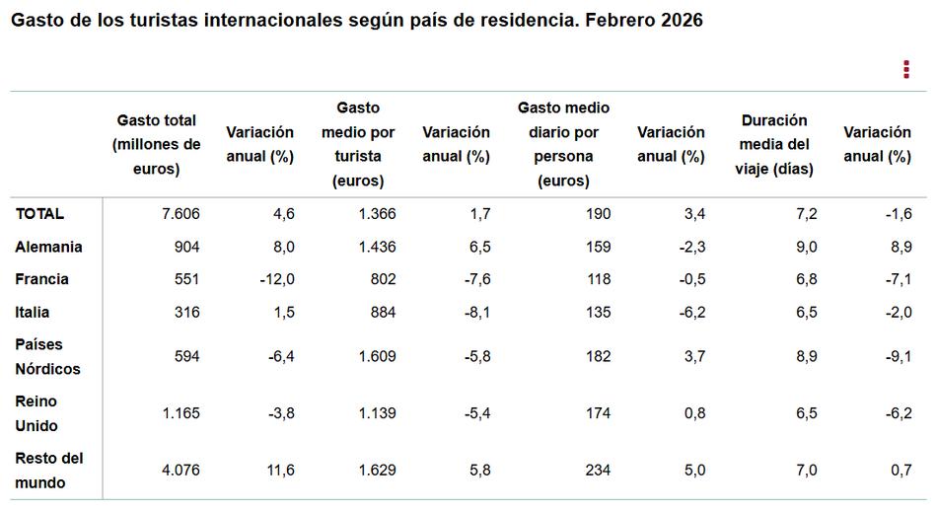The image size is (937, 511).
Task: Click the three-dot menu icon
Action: coord(905,69)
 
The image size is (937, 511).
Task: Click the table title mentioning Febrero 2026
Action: coord(356,21)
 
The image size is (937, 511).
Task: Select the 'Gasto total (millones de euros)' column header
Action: coord(156,144)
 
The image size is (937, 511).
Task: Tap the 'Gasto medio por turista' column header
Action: coord(358,144)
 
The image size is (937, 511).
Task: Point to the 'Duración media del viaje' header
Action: coord(774,144)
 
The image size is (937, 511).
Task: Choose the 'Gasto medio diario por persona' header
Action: coord(563,144)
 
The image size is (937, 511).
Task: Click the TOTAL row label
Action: coord(39,214)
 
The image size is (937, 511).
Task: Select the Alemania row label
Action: coord(48,247)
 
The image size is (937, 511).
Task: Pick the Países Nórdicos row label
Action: coord(47,356)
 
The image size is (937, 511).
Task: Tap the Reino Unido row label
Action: coord(37,413)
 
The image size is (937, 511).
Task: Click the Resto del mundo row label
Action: coord(49,471)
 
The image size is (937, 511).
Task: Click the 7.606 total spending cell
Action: coord(180,214)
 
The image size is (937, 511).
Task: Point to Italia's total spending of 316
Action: coord(186,312)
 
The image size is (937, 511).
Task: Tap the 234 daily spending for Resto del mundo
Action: coord(598,471)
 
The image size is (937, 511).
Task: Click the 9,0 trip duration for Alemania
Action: coord(806,247)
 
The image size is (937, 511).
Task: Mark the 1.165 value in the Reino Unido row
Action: coord(180,413)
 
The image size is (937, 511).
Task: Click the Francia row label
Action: coord(42,279)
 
